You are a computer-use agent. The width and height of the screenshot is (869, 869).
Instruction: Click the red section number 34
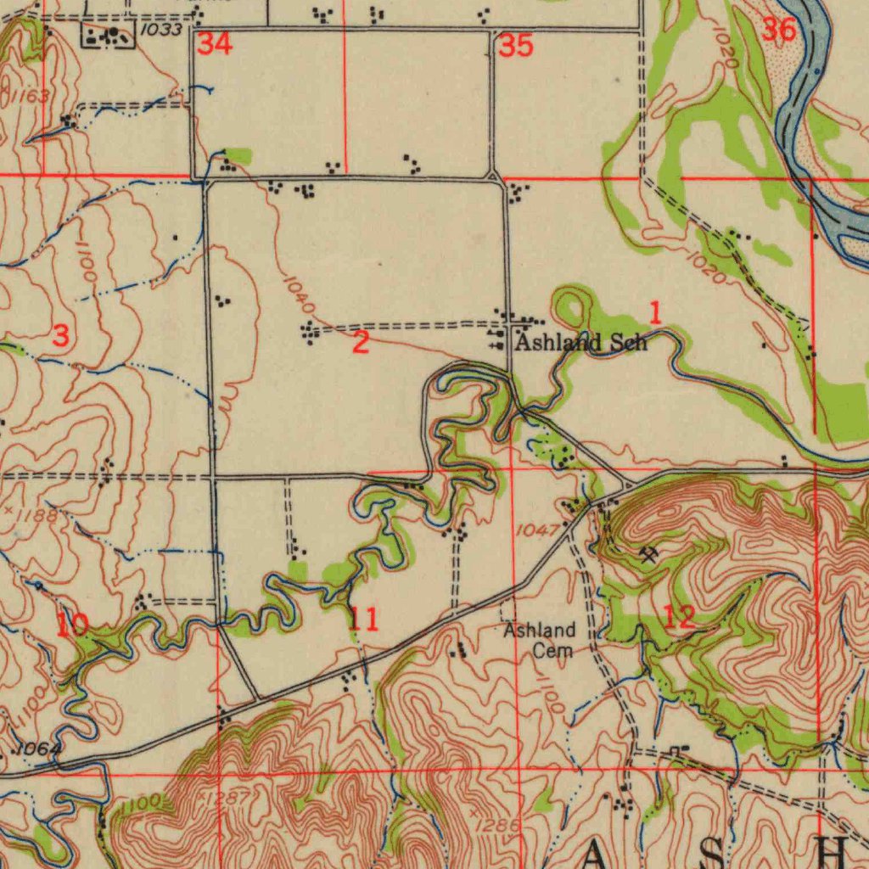pos(215,44)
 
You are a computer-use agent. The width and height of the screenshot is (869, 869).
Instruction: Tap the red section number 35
pos(515,46)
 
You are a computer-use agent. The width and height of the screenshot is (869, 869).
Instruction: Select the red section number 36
pos(778,30)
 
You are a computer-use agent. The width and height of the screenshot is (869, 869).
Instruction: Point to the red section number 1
pos(654,312)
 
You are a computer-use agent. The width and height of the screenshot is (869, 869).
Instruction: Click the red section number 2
pos(361,344)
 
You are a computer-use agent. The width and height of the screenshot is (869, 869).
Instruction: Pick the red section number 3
pos(60,335)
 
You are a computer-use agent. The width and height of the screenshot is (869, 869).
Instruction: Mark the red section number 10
pos(72,626)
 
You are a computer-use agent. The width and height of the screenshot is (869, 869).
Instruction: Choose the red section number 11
pos(363,620)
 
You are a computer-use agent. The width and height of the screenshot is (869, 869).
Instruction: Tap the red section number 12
pos(680,617)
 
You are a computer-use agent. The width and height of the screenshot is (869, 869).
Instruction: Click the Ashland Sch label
pos(581,343)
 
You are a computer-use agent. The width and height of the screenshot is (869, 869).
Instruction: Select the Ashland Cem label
pos(540,641)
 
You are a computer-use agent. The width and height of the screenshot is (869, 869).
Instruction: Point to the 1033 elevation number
pos(161,31)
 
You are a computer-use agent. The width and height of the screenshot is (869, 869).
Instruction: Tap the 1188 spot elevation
pos(37,515)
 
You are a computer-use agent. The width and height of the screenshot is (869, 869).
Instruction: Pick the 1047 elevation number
pos(536,530)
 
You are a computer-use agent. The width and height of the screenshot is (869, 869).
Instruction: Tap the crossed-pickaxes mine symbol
pos(650,554)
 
